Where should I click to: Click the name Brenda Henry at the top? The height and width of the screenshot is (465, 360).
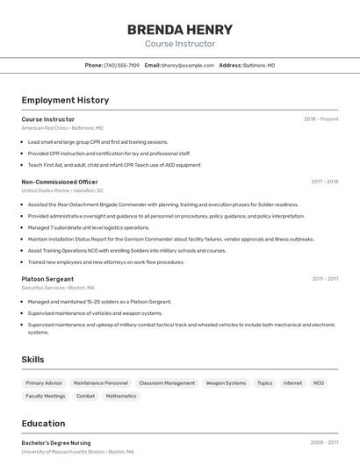point(180,29)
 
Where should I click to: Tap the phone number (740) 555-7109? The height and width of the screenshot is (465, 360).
point(121,65)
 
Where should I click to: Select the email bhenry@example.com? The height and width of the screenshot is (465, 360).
point(188,65)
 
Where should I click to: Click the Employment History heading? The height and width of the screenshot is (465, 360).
point(65,100)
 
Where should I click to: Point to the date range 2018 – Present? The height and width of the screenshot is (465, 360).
point(320,118)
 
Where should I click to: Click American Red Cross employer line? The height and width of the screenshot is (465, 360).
point(61,127)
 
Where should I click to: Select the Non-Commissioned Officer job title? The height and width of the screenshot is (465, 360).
point(60,182)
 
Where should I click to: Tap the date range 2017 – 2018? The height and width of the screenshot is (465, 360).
point(324,182)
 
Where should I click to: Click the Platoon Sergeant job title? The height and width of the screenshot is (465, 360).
point(47,279)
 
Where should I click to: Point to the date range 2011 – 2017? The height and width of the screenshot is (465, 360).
point(324,279)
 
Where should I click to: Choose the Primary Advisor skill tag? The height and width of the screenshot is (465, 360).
point(44,383)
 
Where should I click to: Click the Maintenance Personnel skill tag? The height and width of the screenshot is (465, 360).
point(100,383)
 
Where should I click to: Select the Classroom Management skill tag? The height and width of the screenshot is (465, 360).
point(167,383)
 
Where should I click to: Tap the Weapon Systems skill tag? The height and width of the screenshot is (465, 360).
point(226,383)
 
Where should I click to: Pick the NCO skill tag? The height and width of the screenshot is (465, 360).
point(318,383)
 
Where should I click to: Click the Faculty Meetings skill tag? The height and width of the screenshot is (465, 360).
point(46,396)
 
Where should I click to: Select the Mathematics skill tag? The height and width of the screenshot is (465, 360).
point(121,396)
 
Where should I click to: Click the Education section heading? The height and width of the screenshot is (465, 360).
point(43,423)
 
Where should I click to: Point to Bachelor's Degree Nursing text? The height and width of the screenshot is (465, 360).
point(56,443)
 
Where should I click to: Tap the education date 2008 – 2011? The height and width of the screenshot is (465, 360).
point(324,443)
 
